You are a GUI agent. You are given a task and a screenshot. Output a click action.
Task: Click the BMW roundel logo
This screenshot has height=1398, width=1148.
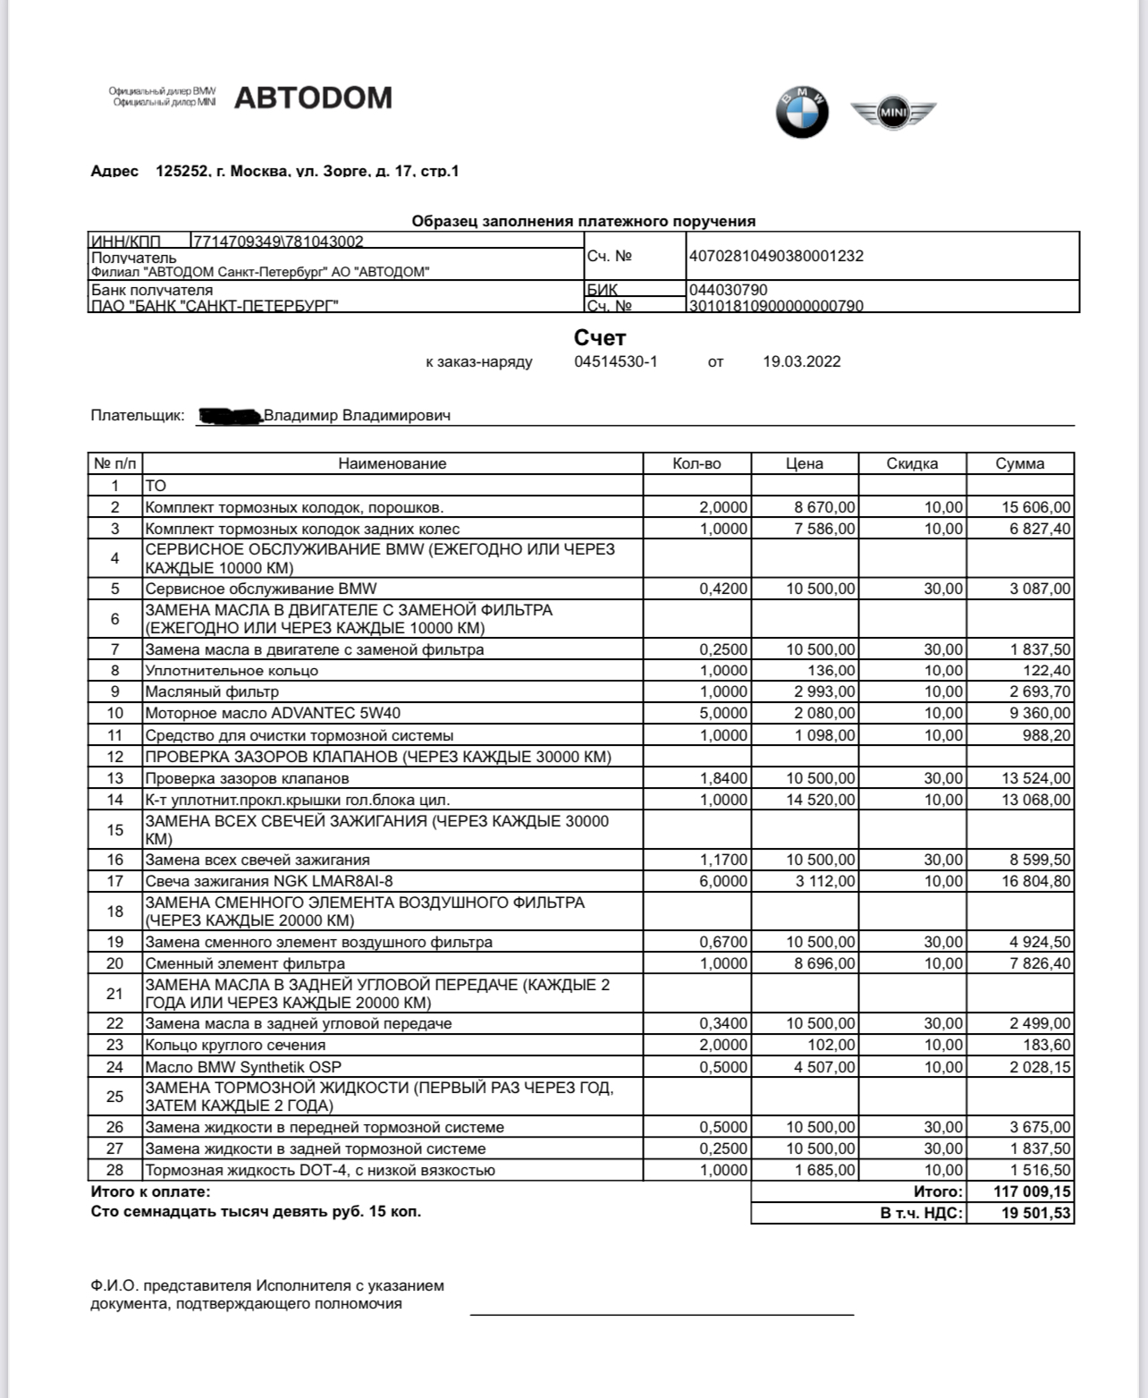[x=802, y=113]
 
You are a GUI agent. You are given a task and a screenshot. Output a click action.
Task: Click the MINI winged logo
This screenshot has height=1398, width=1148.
[x=892, y=113]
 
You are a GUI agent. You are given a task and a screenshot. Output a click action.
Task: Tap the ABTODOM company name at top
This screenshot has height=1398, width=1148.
[x=313, y=97]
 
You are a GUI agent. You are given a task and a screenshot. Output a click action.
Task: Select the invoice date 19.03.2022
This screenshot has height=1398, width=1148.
[x=801, y=361]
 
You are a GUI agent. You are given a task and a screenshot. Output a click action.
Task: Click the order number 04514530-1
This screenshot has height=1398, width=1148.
[x=615, y=361]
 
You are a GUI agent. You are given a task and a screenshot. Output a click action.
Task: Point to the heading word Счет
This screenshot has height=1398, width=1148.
[x=599, y=338]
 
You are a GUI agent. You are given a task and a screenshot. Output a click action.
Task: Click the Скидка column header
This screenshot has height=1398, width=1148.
[x=912, y=463]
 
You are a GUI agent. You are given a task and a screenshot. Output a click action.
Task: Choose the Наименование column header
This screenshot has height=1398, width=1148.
[x=392, y=463]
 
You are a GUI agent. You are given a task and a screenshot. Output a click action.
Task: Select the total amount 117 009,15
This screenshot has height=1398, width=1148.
[x=1032, y=1191]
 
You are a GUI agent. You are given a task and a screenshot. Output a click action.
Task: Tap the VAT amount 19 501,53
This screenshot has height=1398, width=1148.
[x=1035, y=1213]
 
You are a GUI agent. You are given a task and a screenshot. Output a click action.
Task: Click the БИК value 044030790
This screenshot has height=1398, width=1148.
[x=728, y=290]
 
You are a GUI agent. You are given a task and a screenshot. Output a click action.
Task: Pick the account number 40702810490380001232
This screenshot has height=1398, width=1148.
[x=776, y=256]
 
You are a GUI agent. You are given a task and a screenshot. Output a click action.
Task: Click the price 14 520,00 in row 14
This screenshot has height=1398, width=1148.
[x=820, y=800]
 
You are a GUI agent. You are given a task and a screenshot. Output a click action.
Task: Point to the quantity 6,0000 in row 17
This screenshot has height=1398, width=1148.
[x=724, y=881]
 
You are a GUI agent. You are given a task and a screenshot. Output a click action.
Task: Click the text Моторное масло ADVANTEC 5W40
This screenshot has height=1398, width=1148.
[x=273, y=713]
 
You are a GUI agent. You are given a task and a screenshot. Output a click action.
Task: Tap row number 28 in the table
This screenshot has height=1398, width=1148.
[x=114, y=1170]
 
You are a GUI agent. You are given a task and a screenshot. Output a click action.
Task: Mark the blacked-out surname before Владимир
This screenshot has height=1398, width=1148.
[x=230, y=415]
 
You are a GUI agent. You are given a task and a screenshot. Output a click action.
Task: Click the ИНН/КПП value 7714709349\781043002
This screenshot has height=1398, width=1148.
[x=279, y=241]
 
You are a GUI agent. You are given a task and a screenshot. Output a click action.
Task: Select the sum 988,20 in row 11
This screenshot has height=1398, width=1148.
[x=1046, y=735]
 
